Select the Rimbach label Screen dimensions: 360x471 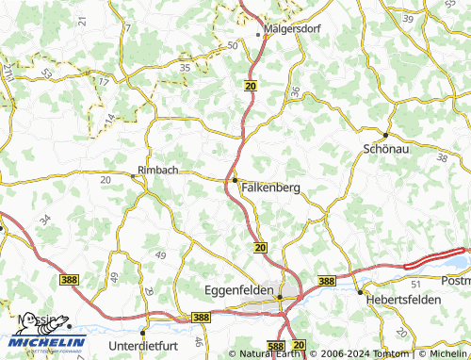click(x=157, y=170)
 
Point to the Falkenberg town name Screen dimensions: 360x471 click(x=270, y=188)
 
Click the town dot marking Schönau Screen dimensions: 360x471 click(x=384, y=135)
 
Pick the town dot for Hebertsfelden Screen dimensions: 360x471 click(x=360, y=292)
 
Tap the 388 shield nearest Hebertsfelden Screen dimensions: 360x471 click(x=326, y=281)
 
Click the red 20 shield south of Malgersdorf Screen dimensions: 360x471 click(x=249, y=85)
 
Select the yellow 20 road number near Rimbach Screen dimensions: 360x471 click(x=105, y=177)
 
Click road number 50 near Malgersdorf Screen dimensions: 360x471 click(x=233, y=45)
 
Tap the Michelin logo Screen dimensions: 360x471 click(x=49, y=342)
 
